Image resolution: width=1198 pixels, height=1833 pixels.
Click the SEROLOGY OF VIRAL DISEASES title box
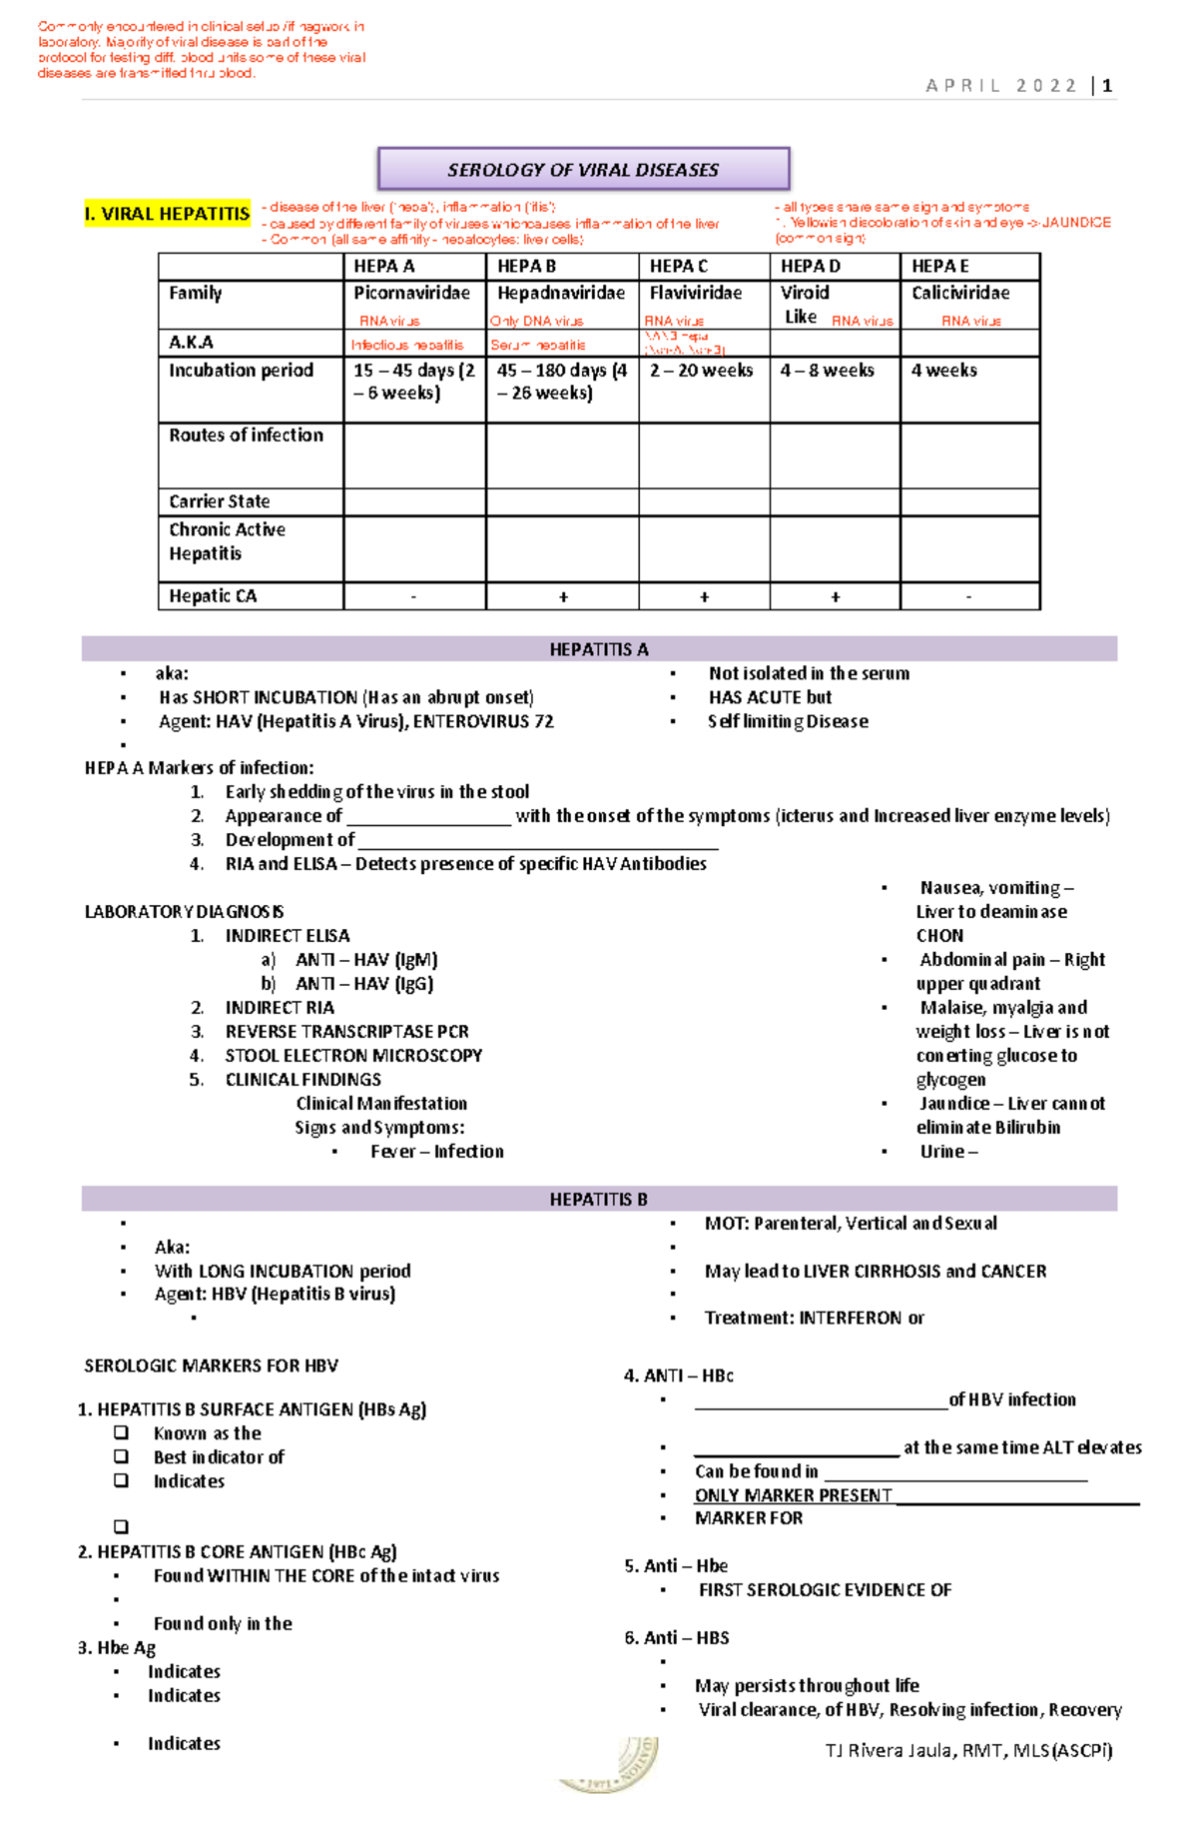click(x=583, y=170)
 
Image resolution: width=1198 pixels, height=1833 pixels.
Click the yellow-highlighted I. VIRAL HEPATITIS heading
click(x=168, y=214)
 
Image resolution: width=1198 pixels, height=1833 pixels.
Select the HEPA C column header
click(x=679, y=267)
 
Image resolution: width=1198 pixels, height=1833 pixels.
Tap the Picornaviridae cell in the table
click(x=411, y=294)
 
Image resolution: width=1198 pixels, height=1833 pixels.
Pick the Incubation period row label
click(x=241, y=371)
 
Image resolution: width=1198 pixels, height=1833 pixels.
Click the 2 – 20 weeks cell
click(x=701, y=371)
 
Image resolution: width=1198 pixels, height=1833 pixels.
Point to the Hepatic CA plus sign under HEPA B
click(x=563, y=596)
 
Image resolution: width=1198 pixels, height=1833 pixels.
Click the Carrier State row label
click(x=220, y=501)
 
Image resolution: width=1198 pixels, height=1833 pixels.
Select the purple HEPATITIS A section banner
click(x=599, y=649)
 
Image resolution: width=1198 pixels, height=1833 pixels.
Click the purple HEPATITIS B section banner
click(x=599, y=1199)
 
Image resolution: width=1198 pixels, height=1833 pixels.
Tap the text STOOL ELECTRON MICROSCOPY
click(x=353, y=1056)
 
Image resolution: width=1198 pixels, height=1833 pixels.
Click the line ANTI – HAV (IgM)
click(x=366, y=960)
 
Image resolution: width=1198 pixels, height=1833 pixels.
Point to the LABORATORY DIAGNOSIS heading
click(x=185, y=912)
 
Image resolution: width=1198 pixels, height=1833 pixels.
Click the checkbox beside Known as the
click(x=122, y=1433)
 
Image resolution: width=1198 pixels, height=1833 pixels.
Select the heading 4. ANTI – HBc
click(x=679, y=1375)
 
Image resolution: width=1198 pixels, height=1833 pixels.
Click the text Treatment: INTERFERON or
click(x=814, y=1319)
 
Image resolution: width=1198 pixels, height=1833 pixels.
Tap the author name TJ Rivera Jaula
click(x=968, y=1750)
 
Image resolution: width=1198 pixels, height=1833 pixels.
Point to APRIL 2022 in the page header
click(x=1001, y=86)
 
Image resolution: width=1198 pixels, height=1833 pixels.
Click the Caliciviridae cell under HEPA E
click(x=960, y=294)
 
